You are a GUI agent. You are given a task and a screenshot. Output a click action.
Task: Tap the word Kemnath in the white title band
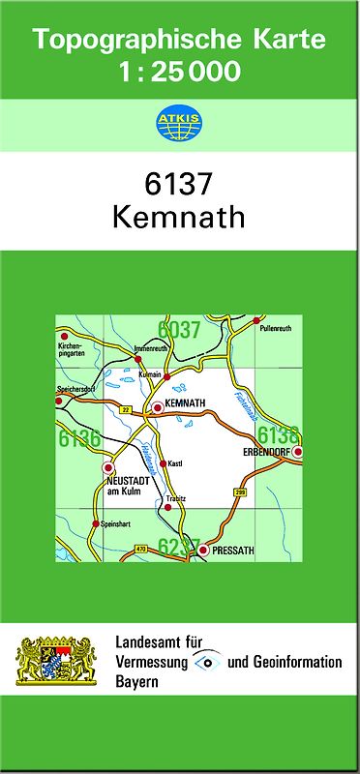(179, 217)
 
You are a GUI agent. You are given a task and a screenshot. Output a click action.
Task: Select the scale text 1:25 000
(179, 72)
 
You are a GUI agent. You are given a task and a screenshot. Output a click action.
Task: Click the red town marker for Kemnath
(157, 407)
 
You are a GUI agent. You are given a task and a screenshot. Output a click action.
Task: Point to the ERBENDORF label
(262, 452)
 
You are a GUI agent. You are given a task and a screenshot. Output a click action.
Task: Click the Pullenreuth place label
(276, 329)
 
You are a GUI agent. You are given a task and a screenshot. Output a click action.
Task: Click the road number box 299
(240, 493)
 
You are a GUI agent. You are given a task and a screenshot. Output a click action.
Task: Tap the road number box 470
(141, 549)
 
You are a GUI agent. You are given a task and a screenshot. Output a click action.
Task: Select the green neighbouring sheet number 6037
(179, 330)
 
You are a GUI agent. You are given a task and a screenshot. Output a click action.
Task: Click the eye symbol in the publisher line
(206, 662)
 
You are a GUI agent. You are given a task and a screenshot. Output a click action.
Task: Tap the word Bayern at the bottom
(136, 681)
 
